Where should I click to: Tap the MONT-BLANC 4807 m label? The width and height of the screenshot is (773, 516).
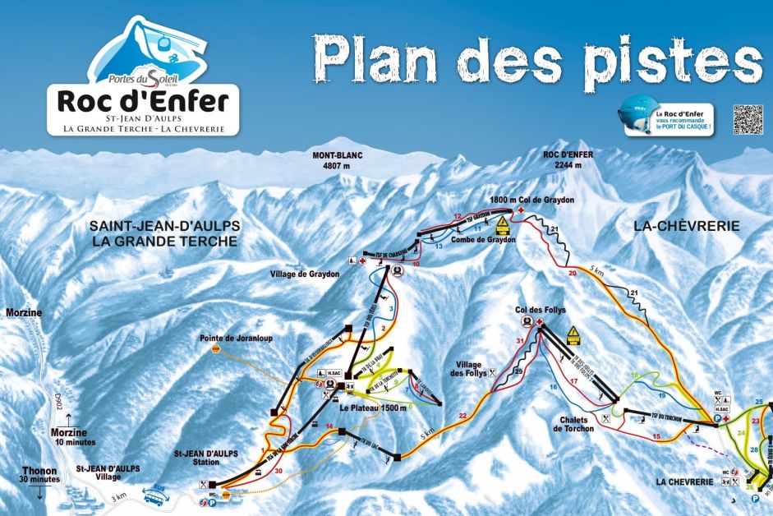337,159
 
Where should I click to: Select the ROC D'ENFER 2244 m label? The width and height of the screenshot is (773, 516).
568,159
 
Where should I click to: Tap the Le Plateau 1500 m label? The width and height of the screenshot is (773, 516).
371,408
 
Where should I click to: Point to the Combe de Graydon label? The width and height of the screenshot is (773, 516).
483,240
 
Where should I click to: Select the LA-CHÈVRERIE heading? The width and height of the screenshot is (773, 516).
687,225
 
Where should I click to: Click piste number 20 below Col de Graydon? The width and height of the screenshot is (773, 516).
573,271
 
